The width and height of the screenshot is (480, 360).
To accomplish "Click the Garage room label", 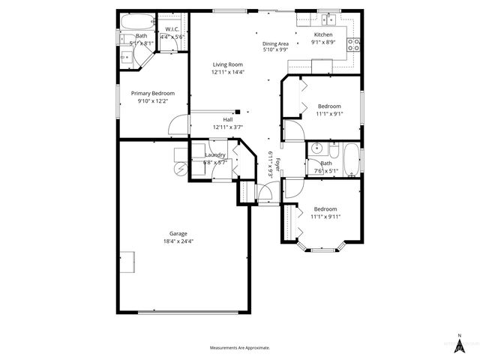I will [x=178, y=233].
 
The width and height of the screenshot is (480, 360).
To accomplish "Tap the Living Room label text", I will [x=227, y=64].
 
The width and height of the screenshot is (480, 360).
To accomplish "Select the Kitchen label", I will [x=323, y=34].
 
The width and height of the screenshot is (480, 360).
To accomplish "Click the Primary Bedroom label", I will [x=152, y=93].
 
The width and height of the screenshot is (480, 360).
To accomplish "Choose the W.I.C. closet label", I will [x=172, y=29].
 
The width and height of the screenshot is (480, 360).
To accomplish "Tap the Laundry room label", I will [x=215, y=154].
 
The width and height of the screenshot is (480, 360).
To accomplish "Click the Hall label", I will [x=227, y=119].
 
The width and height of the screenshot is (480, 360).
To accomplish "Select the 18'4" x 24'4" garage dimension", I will [x=178, y=241].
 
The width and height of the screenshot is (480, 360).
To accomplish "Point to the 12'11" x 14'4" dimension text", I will [x=227, y=72].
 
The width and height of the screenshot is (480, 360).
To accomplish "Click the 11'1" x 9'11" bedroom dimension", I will [x=325, y=217].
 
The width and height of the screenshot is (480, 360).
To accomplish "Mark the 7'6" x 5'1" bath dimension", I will [x=326, y=170].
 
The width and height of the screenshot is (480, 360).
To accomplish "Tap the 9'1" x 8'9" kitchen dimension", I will [x=323, y=43].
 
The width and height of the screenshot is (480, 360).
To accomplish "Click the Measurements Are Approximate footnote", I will [x=239, y=348].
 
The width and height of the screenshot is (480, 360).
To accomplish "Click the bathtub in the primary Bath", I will [x=139, y=19].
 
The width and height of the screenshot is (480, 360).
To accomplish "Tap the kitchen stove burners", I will [x=355, y=43].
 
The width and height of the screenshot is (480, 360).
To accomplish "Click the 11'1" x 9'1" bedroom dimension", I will [x=328, y=114].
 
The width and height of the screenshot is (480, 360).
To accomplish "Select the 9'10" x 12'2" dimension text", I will [x=152, y=100].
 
